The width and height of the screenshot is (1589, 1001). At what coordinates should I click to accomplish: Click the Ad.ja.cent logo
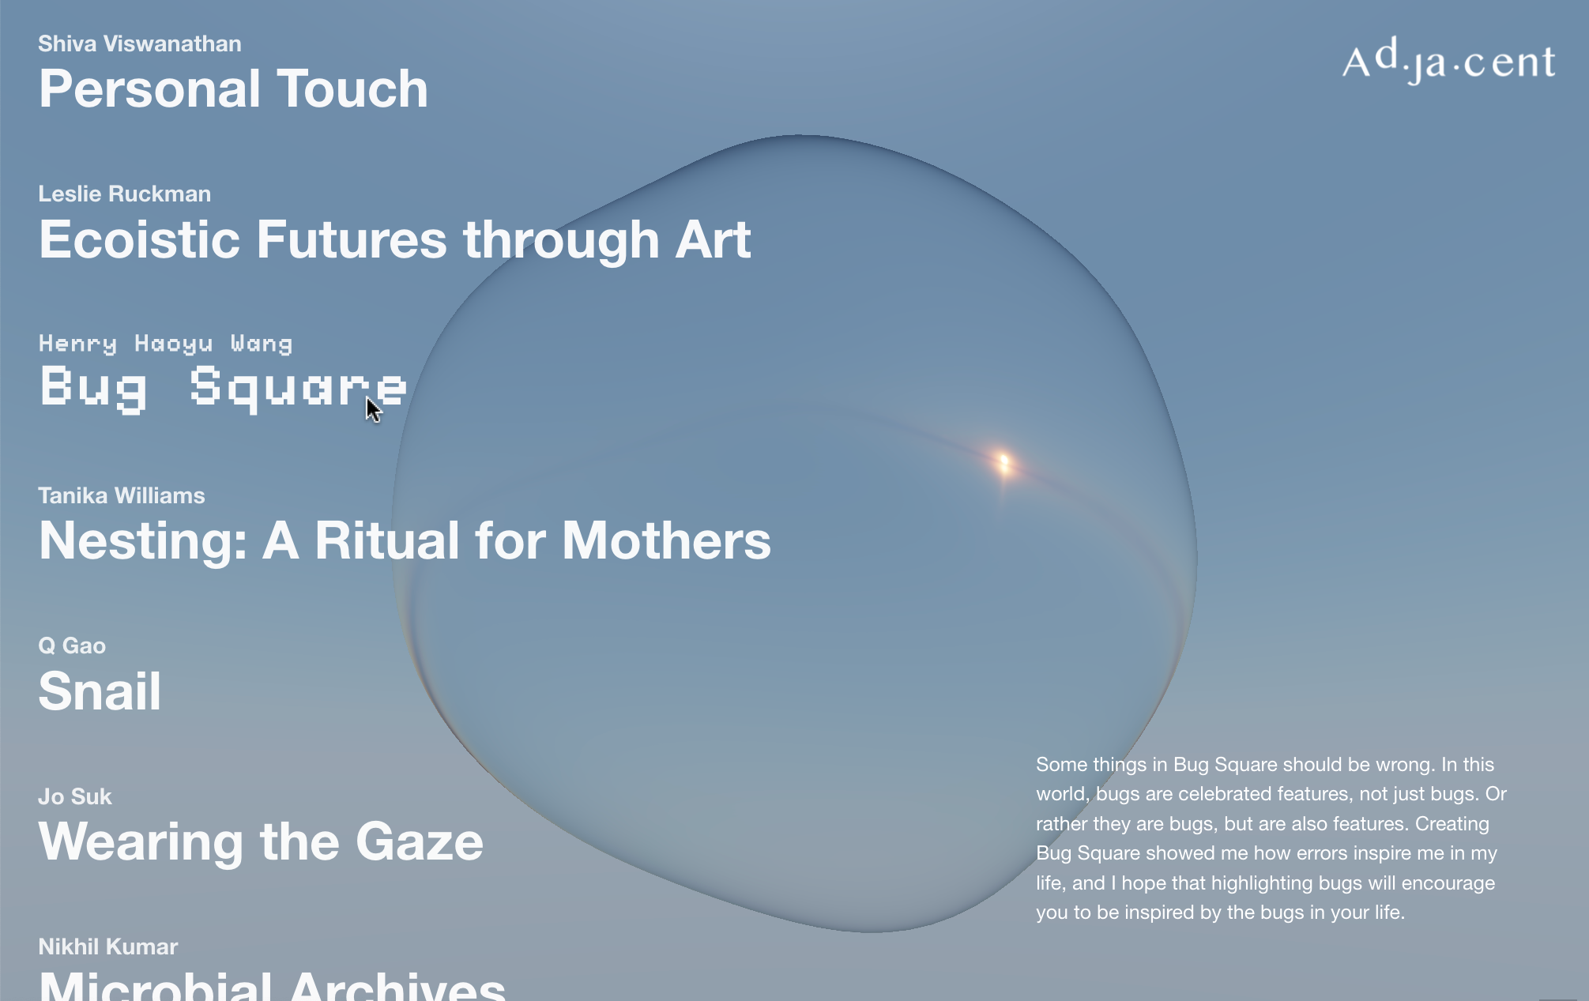(x=1448, y=60)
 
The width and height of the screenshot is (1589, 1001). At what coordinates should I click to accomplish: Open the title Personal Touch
(x=234, y=88)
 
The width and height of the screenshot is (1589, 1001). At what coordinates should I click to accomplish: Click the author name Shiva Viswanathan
(x=140, y=43)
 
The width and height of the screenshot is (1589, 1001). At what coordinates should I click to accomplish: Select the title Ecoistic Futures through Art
(x=395, y=239)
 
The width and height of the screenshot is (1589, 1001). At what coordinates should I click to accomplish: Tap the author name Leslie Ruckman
(x=125, y=194)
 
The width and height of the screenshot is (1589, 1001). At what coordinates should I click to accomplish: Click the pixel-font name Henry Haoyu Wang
(x=166, y=344)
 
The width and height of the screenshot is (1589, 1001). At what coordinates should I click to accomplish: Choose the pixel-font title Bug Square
(x=224, y=388)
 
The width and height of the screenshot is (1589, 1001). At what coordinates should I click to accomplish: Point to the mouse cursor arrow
(x=373, y=409)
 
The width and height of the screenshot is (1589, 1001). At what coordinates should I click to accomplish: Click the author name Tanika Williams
(x=122, y=495)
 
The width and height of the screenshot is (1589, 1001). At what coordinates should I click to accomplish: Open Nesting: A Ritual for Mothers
(x=405, y=540)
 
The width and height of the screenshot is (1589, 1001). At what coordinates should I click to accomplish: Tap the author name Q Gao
(x=72, y=645)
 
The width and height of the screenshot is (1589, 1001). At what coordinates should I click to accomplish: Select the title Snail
(x=100, y=691)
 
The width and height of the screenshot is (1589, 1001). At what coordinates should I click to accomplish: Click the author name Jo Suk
(x=75, y=796)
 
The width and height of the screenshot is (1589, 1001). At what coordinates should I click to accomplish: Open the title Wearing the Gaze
(x=261, y=841)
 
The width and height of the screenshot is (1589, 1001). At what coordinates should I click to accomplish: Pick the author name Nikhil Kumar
(x=108, y=946)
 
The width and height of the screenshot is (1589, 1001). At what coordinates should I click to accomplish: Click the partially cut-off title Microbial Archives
(x=273, y=985)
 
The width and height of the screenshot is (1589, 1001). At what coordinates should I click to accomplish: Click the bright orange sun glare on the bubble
(x=1004, y=463)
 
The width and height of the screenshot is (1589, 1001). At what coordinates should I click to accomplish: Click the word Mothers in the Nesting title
(x=666, y=540)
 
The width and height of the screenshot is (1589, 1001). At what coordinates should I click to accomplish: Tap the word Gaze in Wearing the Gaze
(x=420, y=841)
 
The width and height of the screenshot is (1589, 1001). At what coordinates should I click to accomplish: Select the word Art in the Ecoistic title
(x=713, y=239)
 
